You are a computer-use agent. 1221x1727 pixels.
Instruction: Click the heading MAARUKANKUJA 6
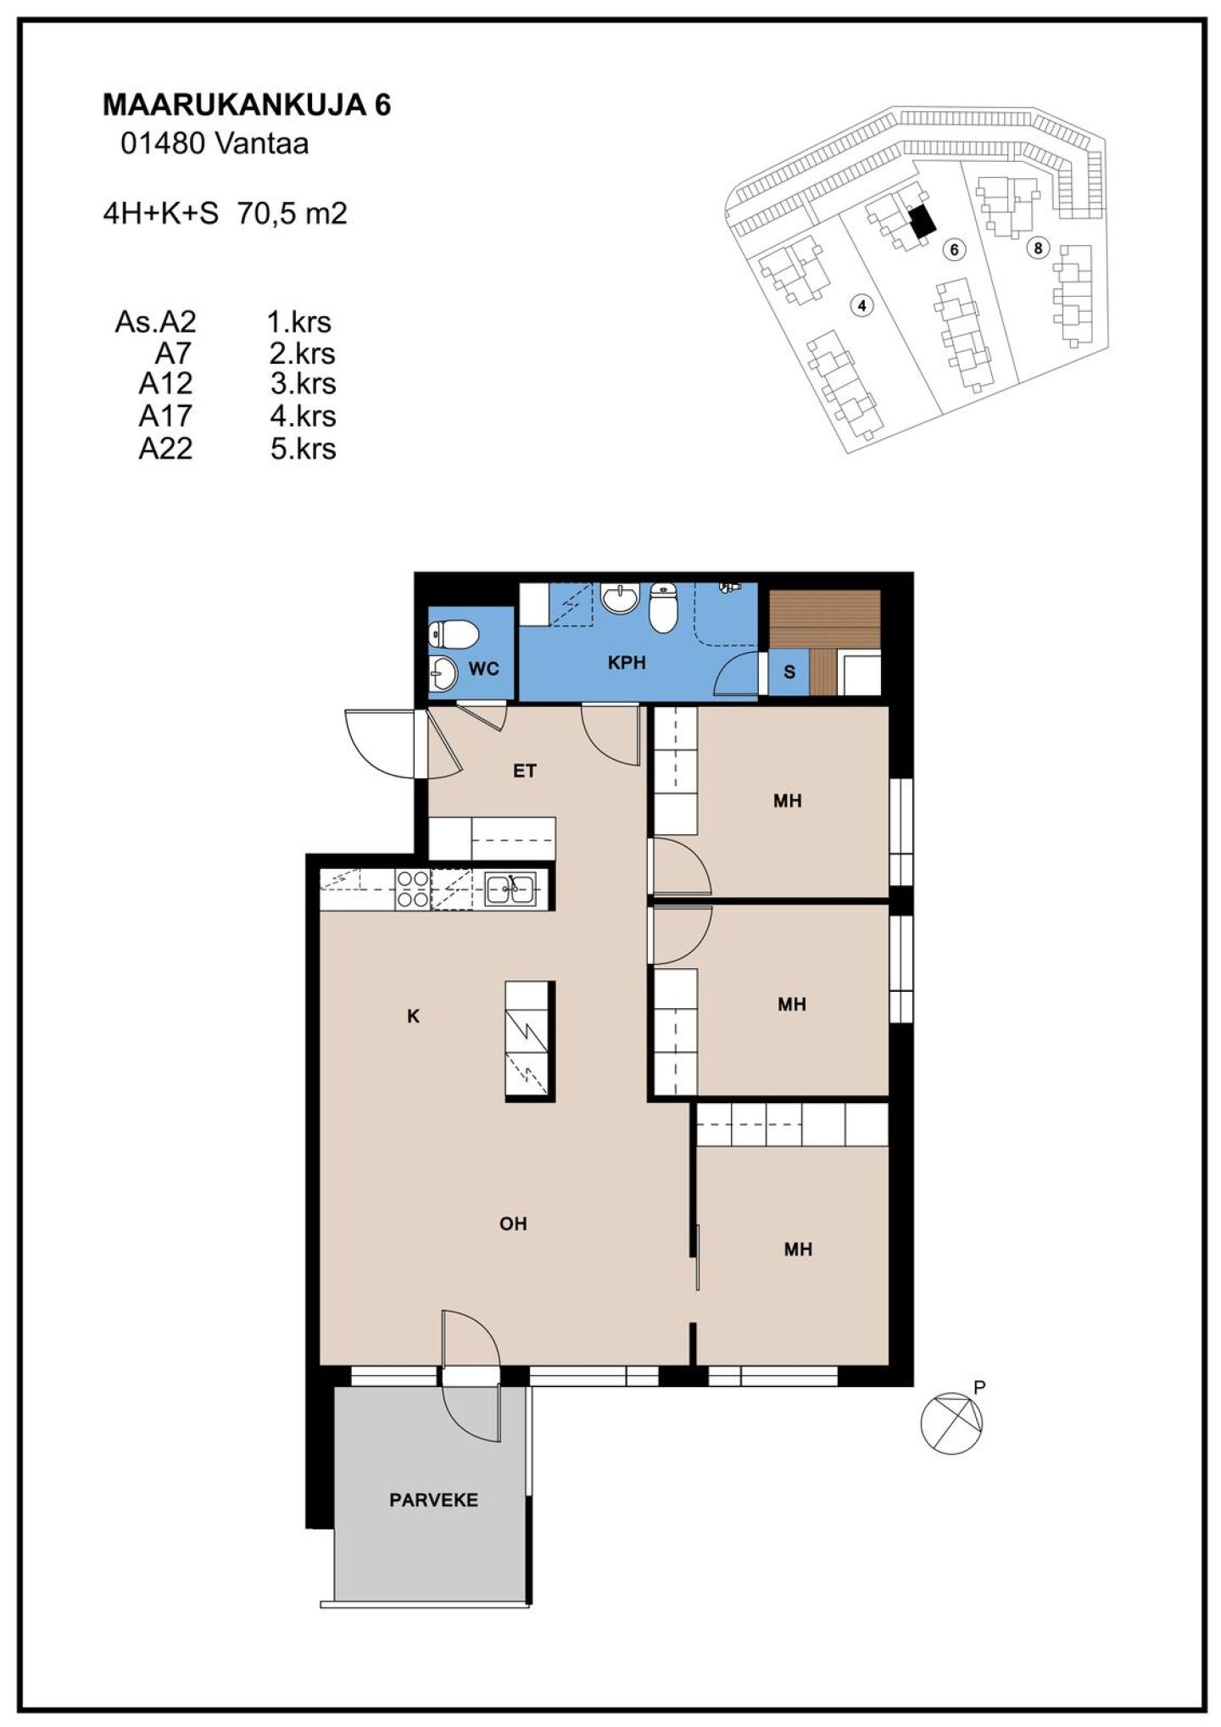click(247, 105)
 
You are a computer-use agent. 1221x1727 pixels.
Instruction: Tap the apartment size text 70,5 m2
click(293, 213)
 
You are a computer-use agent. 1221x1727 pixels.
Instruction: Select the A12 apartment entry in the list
click(166, 383)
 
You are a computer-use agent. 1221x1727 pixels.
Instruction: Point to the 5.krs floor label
click(303, 448)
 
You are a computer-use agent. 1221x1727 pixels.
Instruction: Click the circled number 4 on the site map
click(862, 305)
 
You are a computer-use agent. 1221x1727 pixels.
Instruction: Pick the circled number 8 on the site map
click(1037, 248)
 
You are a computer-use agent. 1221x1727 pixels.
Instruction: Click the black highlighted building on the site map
click(922, 222)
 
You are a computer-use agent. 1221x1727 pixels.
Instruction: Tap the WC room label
click(483, 669)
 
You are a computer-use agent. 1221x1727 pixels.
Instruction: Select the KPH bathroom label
click(627, 663)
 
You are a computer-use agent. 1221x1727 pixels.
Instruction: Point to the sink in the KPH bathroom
click(621, 599)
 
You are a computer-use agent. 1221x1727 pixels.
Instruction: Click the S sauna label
click(789, 672)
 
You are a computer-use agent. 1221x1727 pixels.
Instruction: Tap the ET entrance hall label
click(525, 771)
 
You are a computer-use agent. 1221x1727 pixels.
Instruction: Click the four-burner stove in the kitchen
click(413, 890)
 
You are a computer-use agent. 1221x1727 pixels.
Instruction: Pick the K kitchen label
click(414, 1016)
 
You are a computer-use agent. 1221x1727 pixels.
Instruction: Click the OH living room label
click(513, 1223)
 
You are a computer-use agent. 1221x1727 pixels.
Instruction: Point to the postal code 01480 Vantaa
click(215, 143)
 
